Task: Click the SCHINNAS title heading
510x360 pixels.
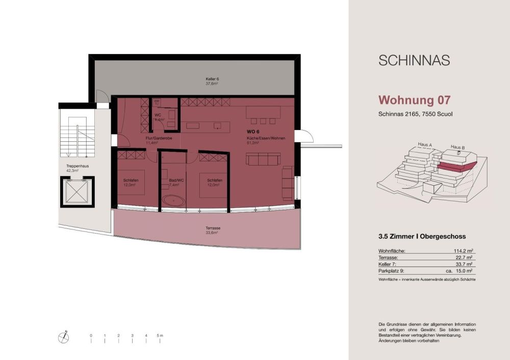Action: (414, 60)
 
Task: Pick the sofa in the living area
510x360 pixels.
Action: (263, 160)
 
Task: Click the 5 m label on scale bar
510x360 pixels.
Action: (161, 336)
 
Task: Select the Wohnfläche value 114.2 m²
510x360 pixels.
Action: (463, 251)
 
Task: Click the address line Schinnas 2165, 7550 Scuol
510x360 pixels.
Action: (415, 114)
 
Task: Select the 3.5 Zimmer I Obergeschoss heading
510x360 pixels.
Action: (422, 236)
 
